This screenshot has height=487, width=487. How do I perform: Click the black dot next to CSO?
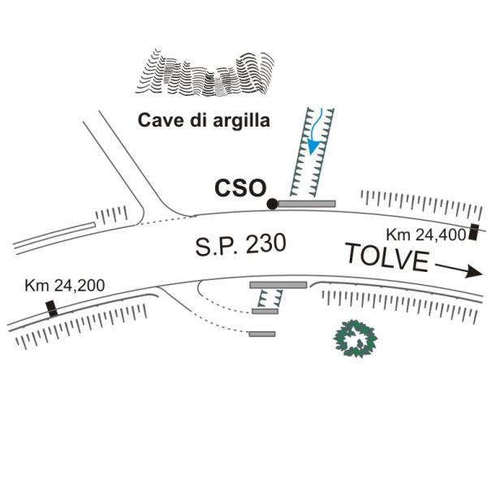pyautogui.click(x=273, y=204)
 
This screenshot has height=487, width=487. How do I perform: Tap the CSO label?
pyautogui.click(x=241, y=188)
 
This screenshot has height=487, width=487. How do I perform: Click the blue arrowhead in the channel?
pyautogui.click(x=313, y=147)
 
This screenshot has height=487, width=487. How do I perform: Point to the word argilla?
pyautogui.click(x=241, y=120)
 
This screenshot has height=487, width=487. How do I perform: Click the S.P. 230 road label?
pyautogui.click(x=241, y=245)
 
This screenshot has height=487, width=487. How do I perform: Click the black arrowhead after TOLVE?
pyautogui.click(x=474, y=271)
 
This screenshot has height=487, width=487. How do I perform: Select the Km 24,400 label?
pyautogui.click(x=426, y=235)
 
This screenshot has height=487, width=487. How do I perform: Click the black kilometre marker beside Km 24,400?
pyautogui.click(x=474, y=231)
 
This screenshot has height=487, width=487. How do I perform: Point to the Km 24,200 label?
pyautogui.click(x=65, y=286)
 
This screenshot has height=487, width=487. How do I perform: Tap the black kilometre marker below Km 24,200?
pyautogui.click(x=52, y=308)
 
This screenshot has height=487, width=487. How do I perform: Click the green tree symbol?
pyautogui.click(x=355, y=338)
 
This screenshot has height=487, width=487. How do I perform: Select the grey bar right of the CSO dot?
pyautogui.click(x=307, y=204)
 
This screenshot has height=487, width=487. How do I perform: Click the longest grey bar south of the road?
pyautogui.click(x=278, y=285)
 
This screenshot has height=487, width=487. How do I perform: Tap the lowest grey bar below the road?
pyautogui.click(x=262, y=334)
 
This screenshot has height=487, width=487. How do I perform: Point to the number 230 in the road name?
pyautogui.click(x=265, y=243)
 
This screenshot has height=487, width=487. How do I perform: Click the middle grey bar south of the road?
pyautogui.click(x=265, y=311)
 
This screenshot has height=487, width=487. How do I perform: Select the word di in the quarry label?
pyautogui.click(x=198, y=120)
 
